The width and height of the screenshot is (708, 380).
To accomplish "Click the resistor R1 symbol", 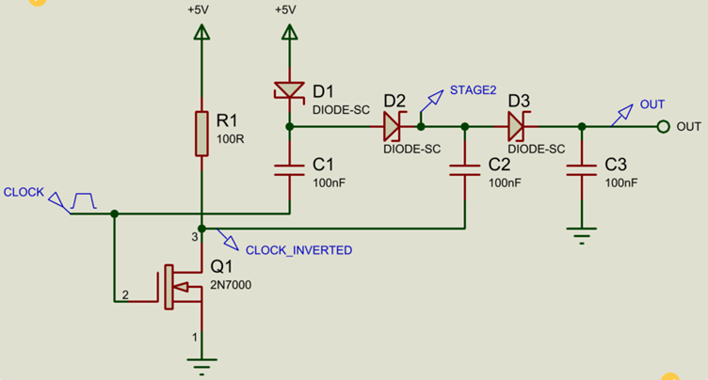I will point(201,134).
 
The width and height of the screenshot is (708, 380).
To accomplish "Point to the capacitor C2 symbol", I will point(463,170).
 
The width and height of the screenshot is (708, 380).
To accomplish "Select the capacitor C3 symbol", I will point(582,170).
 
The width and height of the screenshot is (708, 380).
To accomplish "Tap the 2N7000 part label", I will point(231,284).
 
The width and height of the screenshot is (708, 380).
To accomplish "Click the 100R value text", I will point(230,138).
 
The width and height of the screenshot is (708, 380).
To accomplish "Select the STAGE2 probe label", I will point(473,90).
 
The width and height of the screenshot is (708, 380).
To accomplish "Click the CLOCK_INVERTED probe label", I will point(298,250).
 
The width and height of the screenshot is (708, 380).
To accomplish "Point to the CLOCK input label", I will point(24,192).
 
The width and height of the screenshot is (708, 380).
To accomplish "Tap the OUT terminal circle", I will point(663,126).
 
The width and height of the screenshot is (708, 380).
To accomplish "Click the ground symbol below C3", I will point(582,236).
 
